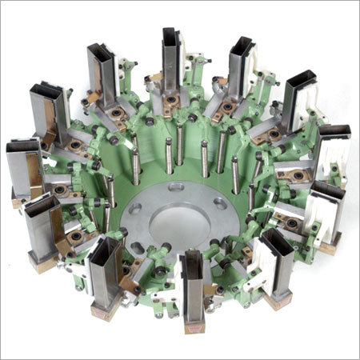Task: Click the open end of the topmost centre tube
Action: point(174,35)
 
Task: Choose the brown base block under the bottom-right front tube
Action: point(279,300)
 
